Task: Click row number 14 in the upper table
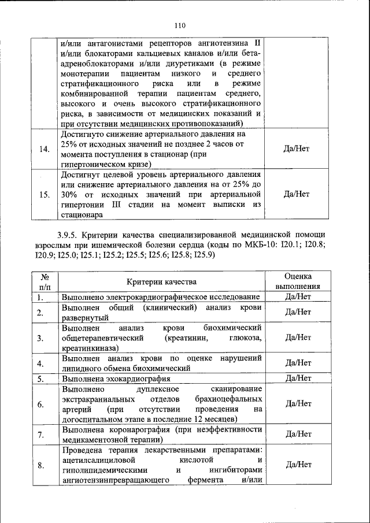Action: [44, 149]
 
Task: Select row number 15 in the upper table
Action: [44, 194]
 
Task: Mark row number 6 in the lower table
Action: [42, 404]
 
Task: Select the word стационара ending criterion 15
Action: [82, 215]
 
